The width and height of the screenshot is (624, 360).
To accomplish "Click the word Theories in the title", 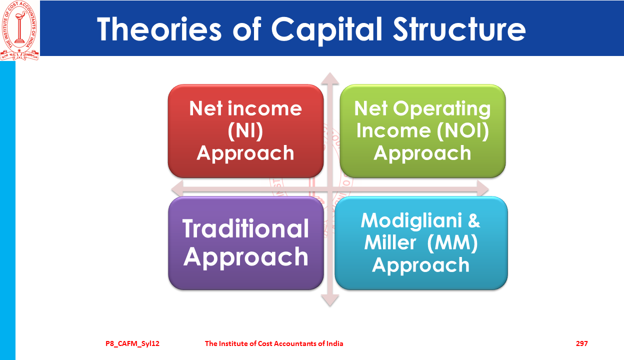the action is click(x=159, y=29).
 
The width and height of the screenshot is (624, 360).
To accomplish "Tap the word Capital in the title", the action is click(x=326, y=30).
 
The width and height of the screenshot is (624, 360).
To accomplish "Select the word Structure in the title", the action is click(x=459, y=29).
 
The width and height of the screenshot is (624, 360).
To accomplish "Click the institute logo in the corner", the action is click(x=19, y=30).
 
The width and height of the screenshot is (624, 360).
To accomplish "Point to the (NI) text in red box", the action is click(x=245, y=130).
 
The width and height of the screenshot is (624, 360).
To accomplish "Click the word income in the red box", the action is click(x=264, y=108).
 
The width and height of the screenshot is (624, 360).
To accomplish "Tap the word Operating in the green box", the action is click(x=442, y=109).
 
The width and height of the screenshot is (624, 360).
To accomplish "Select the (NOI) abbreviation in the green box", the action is click(x=462, y=130).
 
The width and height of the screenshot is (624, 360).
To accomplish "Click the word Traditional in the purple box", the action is click(x=245, y=228).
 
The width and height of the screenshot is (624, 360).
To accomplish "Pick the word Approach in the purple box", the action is click(x=245, y=257).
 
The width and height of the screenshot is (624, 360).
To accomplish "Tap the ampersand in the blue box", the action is click(x=474, y=220).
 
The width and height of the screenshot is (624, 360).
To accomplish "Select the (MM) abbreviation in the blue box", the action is click(x=452, y=243).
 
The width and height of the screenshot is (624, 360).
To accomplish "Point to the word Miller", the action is click(x=390, y=242).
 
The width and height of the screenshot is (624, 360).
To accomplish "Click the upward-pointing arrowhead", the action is click(x=330, y=78).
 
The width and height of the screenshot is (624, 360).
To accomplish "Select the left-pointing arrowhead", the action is click(x=177, y=189).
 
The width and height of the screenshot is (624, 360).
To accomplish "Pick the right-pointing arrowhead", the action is click(x=483, y=189).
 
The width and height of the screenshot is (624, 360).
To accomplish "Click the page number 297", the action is click(x=582, y=343).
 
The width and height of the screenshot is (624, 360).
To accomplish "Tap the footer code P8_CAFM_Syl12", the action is click(x=132, y=344).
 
